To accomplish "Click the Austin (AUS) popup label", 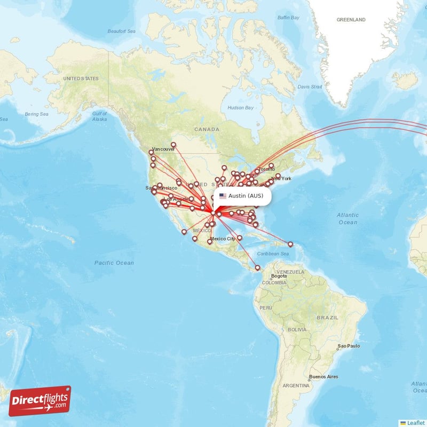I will point(246,196).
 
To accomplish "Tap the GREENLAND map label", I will point(351,20).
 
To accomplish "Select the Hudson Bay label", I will point(240,108).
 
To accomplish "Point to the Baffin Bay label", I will point(288,18).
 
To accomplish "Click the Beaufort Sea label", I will point(122,31).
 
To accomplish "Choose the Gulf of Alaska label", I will point(99,116).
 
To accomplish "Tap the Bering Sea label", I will point(36,114).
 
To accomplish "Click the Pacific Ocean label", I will point(114,263).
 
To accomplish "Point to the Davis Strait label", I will point(310,86).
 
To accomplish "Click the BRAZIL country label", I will point(327,317).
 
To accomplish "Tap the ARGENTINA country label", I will point(296,385).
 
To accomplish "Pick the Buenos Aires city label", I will point(324,377).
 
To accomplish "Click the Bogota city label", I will point(279,276).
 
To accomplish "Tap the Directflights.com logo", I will point(40,401).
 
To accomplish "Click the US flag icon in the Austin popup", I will point(223,196).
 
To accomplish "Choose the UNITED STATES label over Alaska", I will point(81,79).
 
